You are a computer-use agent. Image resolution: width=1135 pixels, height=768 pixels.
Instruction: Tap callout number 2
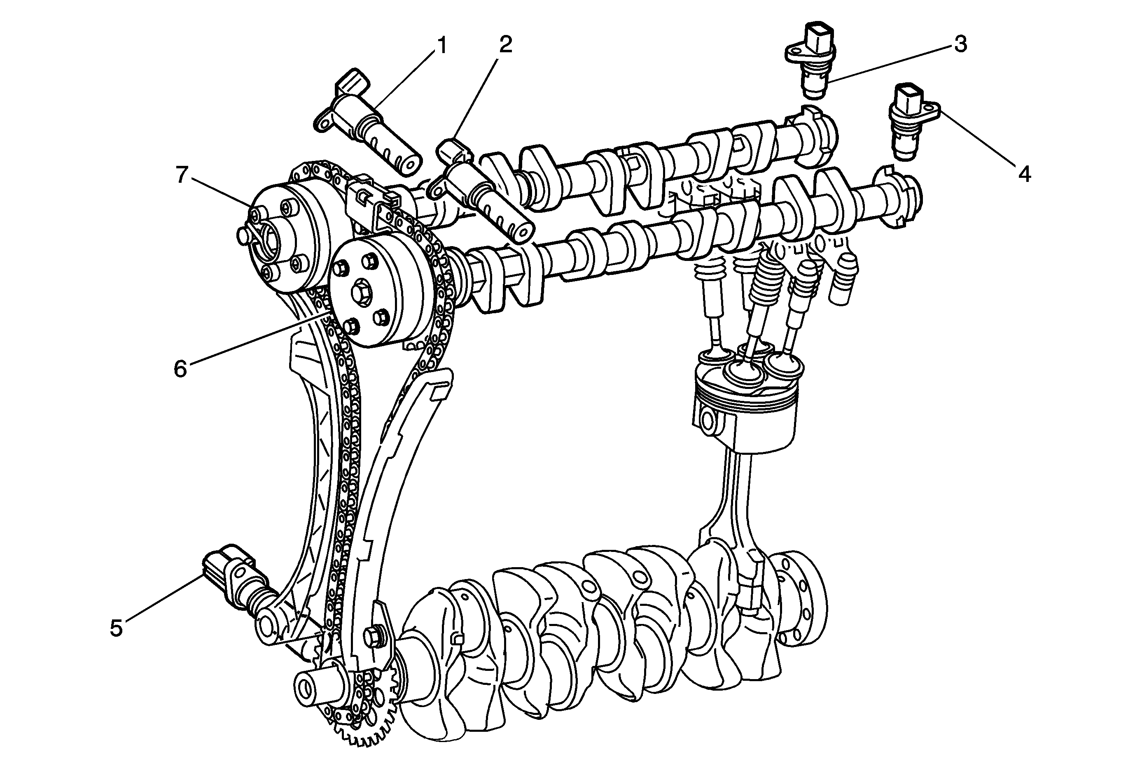pyautogui.click(x=505, y=45)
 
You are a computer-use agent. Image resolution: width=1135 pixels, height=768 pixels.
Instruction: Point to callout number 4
pyautogui.click(x=1025, y=174)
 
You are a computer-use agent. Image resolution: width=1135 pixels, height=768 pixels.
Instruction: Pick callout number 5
pyautogui.click(x=116, y=628)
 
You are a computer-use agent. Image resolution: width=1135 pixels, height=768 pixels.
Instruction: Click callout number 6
pyautogui.click(x=180, y=369)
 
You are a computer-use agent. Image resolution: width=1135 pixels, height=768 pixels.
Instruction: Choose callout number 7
pyautogui.click(x=182, y=175)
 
